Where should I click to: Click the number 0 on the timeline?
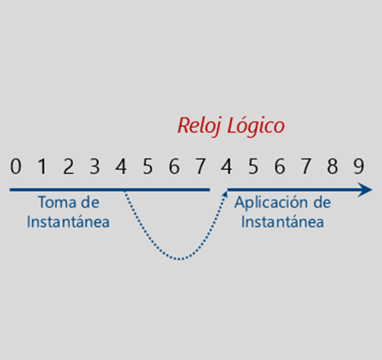tap(15, 166)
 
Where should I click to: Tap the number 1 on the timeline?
tap(42, 166)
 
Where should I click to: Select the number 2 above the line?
tap(68, 166)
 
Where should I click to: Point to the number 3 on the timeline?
tap(95, 166)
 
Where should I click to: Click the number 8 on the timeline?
tap(332, 166)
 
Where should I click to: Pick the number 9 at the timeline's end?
tap(359, 166)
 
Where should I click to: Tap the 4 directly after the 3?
tap(121, 166)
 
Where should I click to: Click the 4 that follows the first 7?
tap(227, 166)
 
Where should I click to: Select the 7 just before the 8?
tap(306, 166)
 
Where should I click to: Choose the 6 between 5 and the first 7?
tap(174, 166)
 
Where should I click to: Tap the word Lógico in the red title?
tap(256, 126)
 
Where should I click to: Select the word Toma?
tap(58, 202)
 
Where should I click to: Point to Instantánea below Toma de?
tap(68, 222)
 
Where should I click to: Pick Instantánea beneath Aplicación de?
tap(283, 222)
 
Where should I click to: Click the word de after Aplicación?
tap(322, 202)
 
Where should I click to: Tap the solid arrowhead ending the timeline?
tap(365, 190)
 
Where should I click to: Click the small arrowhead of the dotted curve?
tap(225, 194)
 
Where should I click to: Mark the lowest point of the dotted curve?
tap(179, 259)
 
